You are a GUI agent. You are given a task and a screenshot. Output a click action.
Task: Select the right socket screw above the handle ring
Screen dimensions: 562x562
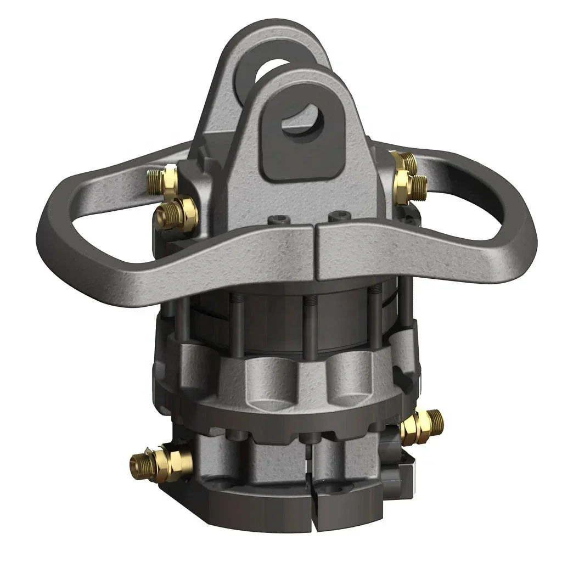[336, 217]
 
